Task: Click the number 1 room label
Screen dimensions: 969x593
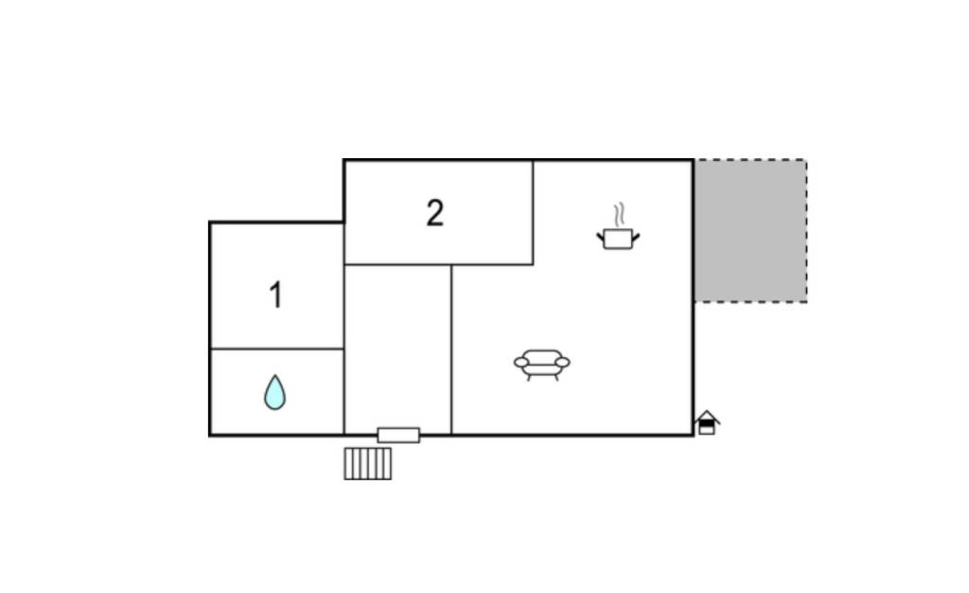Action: [x=275, y=295]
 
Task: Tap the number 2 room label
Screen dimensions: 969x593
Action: [x=435, y=213]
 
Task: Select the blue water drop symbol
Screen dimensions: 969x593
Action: [x=275, y=392]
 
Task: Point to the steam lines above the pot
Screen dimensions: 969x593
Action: [x=619, y=215]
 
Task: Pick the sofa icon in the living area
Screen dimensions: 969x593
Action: [x=542, y=365]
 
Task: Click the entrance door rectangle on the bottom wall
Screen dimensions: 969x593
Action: [x=398, y=436]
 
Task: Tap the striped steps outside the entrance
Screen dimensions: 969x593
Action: [x=368, y=464]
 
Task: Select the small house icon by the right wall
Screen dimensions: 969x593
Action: [x=706, y=422]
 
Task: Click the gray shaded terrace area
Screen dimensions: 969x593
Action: [x=750, y=230]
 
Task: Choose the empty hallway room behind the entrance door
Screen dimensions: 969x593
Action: [x=397, y=350]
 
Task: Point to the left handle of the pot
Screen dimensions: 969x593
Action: [x=601, y=236]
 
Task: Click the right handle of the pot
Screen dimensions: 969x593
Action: [x=636, y=236]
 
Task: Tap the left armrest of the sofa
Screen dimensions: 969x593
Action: [x=521, y=363]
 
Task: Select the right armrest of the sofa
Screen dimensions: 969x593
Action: [x=562, y=363]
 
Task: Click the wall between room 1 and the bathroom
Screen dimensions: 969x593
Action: [x=277, y=349]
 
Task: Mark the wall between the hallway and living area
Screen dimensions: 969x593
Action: [x=451, y=350]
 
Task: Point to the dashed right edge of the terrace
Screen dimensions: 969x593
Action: [x=806, y=230]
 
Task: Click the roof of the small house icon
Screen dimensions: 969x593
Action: [x=707, y=415]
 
